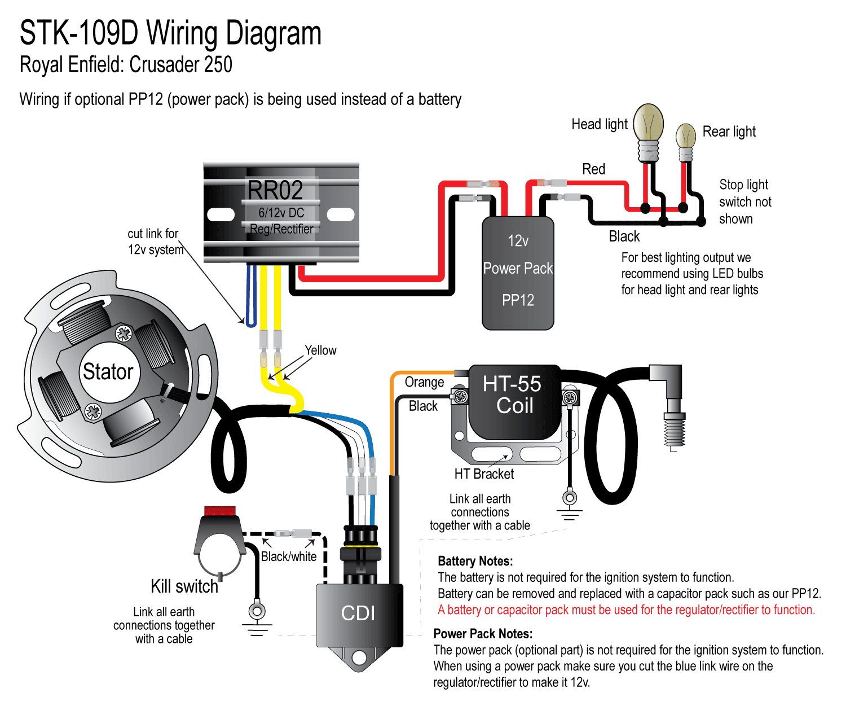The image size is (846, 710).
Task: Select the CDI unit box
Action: pyautogui.click(x=359, y=613)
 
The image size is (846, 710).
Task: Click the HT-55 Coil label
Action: pyautogui.click(x=513, y=395)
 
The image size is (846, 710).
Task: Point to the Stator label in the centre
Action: pyautogui.click(x=108, y=372)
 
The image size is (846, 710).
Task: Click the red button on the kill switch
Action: pyautogui.click(x=219, y=511)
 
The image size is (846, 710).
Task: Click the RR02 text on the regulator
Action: pyautogui.click(x=275, y=190)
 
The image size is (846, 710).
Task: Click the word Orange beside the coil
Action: pyautogui.click(x=424, y=383)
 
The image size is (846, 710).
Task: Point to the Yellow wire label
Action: pyautogui.click(x=320, y=350)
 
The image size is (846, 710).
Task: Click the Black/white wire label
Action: pyautogui.click(x=289, y=556)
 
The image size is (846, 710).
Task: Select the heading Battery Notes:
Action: pyautogui.click(x=475, y=561)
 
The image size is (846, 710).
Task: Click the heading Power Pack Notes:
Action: pyautogui.click(x=483, y=633)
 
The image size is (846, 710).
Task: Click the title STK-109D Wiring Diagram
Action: pyautogui.click(x=170, y=34)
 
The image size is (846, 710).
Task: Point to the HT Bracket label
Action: pyautogui.click(x=484, y=474)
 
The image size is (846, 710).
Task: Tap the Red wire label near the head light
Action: pyautogui.click(x=593, y=169)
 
